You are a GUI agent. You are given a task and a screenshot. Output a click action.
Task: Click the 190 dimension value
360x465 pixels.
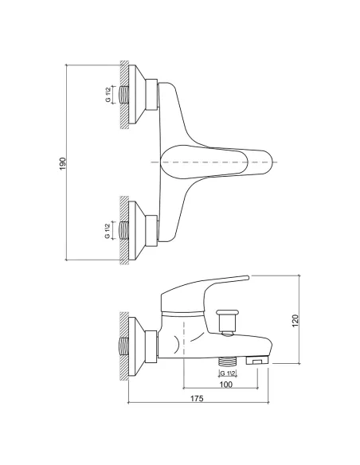[63, 164]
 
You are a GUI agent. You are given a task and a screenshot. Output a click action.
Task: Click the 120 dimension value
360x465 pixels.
[295, 321]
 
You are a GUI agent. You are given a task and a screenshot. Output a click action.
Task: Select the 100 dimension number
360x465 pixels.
[226, 385]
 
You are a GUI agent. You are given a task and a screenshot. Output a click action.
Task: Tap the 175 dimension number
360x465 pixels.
[197, 399]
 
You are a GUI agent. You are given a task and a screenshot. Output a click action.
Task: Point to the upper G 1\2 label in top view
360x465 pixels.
[108, 94]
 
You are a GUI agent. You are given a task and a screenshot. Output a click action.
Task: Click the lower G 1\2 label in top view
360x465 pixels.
[108, 230]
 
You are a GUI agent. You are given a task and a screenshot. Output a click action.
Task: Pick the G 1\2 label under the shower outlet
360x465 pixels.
[228, 373]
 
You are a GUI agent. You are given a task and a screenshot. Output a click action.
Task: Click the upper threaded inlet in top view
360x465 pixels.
[124, 94]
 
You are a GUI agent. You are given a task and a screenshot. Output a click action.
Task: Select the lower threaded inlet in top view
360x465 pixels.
[124, 230]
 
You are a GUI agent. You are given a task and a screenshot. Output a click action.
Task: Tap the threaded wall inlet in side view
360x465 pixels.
[124, 347]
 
